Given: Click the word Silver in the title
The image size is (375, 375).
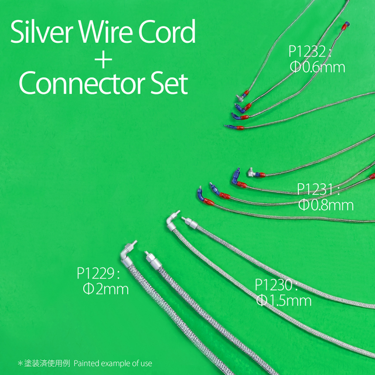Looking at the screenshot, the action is (42, 32).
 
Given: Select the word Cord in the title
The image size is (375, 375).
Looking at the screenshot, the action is (167, 32).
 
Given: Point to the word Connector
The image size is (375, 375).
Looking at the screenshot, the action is (82, 83).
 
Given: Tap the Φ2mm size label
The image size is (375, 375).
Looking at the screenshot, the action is (105, 289).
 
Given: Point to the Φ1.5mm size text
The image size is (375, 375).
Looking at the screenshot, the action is (284, 301).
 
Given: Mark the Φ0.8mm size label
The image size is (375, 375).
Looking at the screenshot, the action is (326, 205).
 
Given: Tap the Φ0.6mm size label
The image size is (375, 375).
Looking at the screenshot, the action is (318, 67).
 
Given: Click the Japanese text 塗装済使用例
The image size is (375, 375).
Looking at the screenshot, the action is (47, 363).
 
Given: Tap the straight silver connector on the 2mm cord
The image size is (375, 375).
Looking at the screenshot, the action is (153, 260).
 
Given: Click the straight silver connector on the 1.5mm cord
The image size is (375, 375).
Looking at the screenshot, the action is (190, 223).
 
